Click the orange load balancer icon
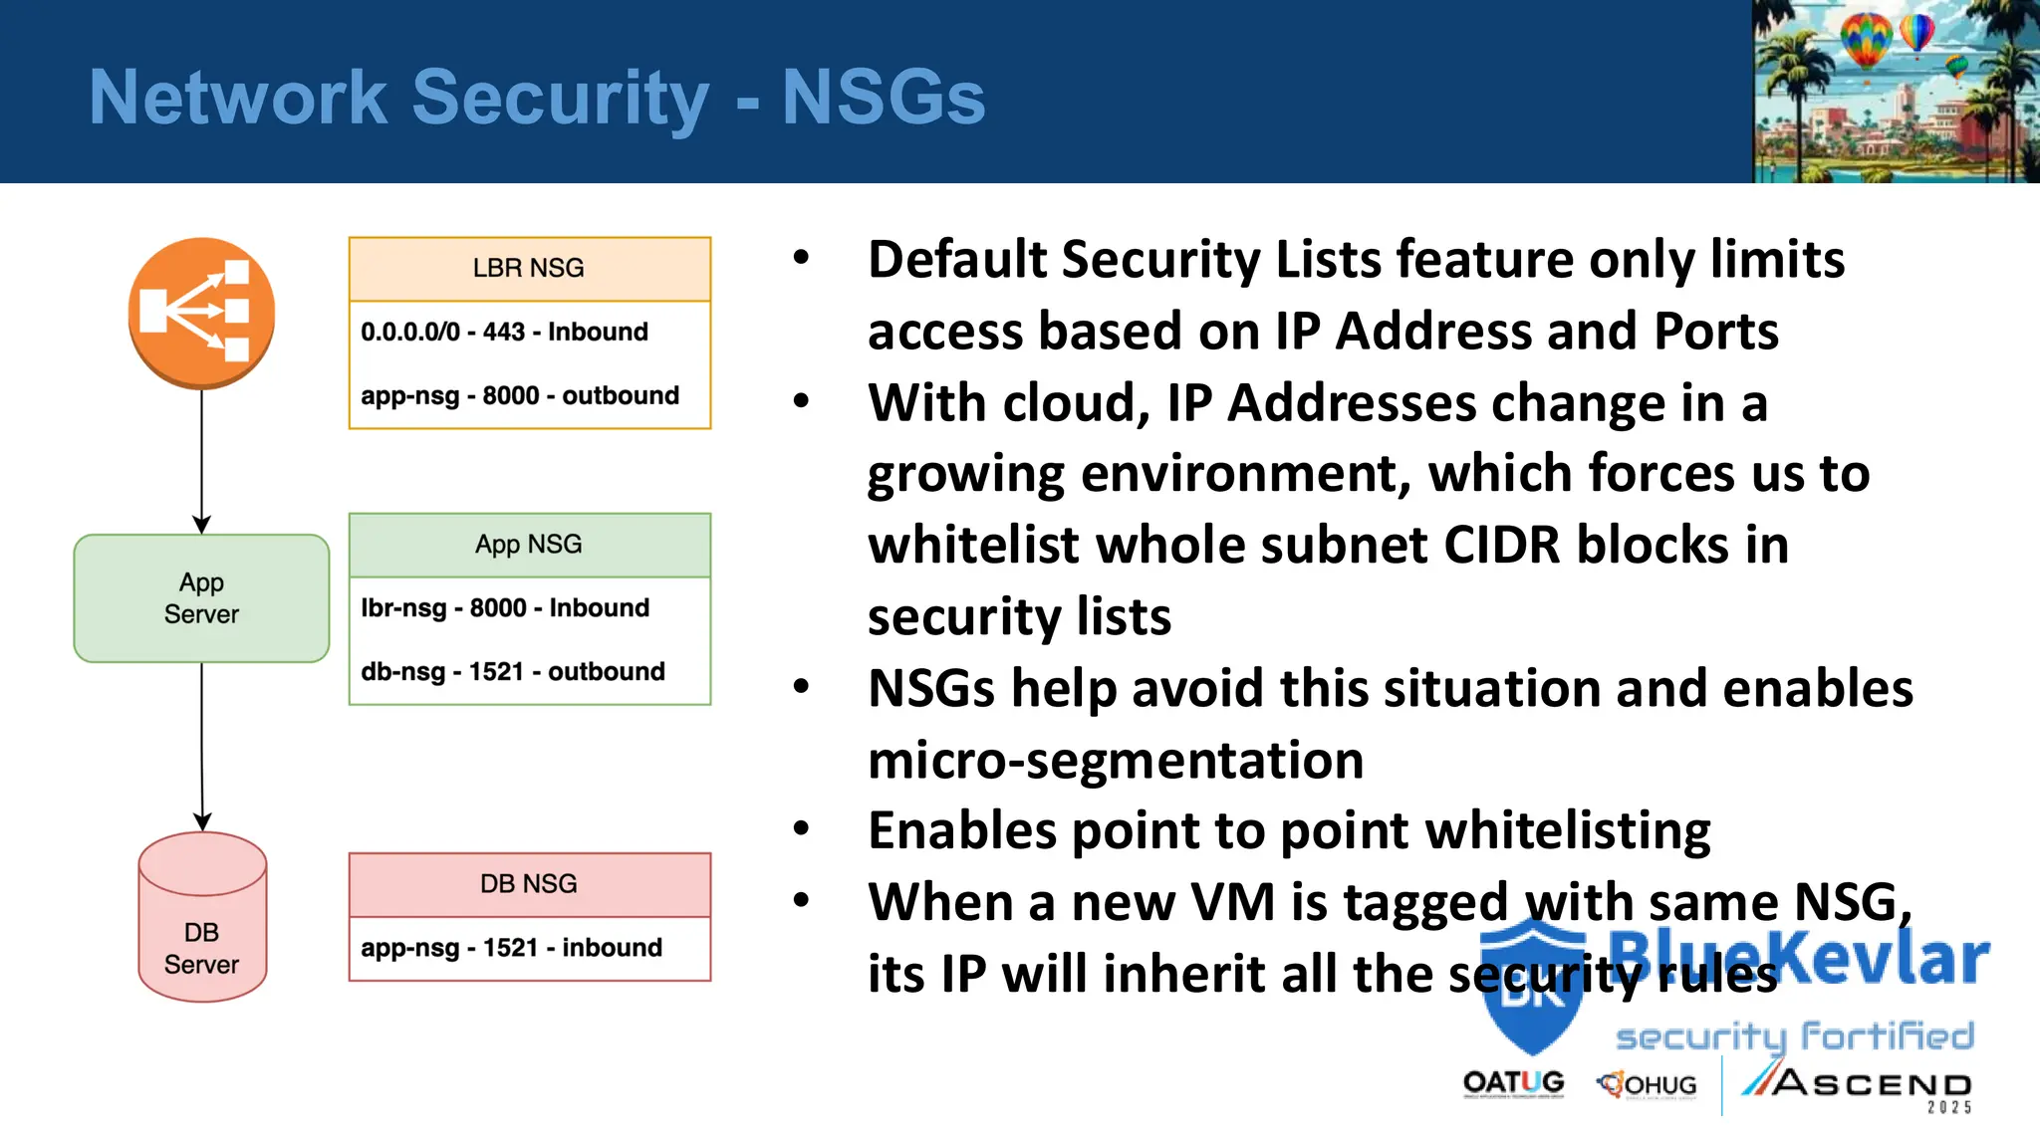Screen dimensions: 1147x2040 point(201,312)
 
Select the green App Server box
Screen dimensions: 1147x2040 point(201,598)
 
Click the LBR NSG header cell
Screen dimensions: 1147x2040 point(529,269)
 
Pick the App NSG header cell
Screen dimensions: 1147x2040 point(529,545)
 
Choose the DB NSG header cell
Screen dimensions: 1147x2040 point(529,884)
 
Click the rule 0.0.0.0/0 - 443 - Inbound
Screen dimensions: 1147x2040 point(504,332)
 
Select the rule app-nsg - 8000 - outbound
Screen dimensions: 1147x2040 point(519,395)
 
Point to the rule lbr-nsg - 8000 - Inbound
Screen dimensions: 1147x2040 point(505,607)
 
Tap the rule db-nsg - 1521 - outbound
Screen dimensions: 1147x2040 point(512,671)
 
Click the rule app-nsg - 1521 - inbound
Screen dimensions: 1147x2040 point(511,947)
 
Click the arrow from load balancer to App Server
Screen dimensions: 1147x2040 point(201,458)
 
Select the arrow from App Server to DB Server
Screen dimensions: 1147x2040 point(201,747)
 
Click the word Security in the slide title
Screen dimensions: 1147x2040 point(560,98)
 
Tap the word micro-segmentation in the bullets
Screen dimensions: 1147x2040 point(1116,760)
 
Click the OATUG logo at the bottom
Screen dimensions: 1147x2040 point(1513,1083)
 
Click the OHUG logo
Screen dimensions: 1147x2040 point(1648,1084)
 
